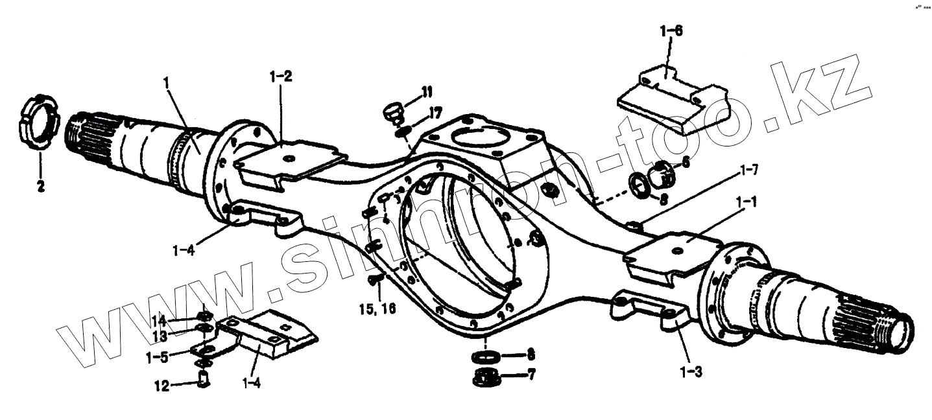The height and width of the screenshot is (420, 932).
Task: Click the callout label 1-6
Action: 671,30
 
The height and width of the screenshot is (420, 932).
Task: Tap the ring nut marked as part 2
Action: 37,123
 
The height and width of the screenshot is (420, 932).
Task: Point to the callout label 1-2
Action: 281,76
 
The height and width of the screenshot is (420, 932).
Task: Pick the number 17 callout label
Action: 433,113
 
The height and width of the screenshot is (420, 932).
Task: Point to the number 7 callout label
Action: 531,375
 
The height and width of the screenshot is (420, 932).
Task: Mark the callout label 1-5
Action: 158,356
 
